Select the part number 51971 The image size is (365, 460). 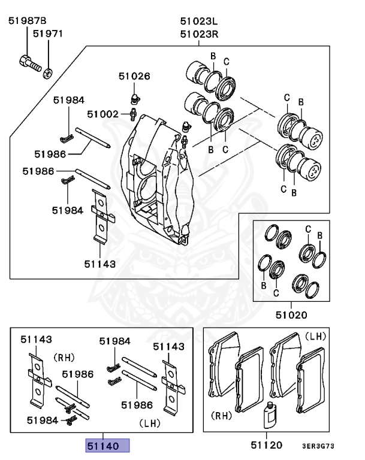point(47,35)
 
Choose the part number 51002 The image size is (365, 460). point(102,113)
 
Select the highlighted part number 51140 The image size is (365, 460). point(107,446)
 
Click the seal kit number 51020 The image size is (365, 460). point(291,314)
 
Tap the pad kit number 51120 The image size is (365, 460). point(267,446)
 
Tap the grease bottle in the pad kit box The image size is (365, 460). point(269,414)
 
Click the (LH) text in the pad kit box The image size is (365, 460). point(315,337)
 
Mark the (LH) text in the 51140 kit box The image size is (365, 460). point(150,422)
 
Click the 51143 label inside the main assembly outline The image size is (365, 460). point(99,263)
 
